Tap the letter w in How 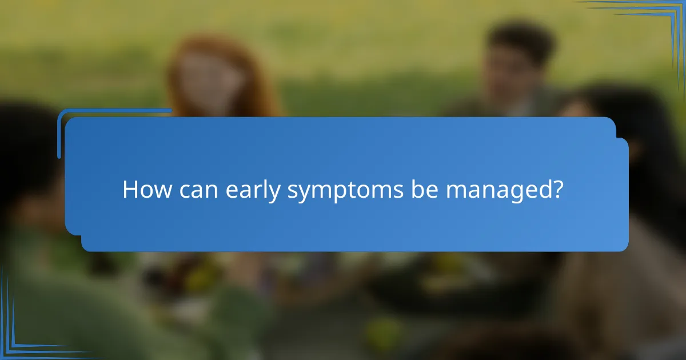tap(161, 192)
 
